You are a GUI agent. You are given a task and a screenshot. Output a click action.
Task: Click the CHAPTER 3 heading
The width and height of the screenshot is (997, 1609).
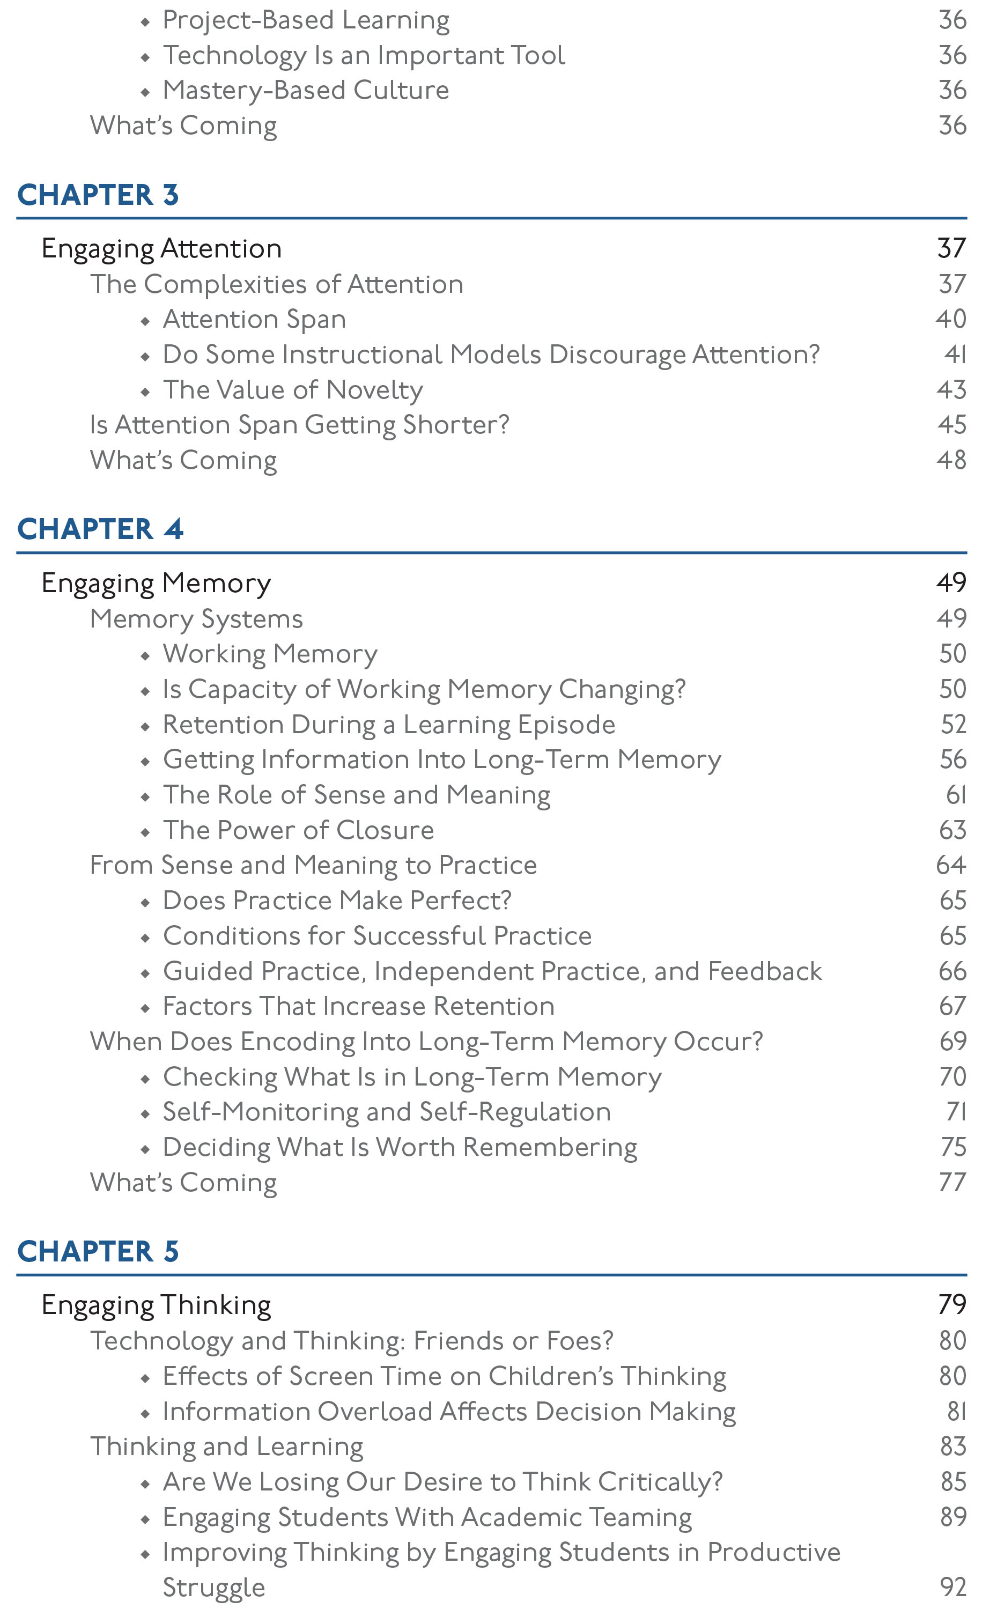coord(98,195)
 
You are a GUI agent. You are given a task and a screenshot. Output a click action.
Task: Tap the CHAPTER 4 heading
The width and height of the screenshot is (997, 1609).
coord(100,529)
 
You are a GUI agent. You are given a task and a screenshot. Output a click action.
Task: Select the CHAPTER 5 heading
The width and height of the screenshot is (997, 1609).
coord(98,1251)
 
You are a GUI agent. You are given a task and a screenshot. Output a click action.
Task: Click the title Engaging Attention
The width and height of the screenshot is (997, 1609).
coord(161,249)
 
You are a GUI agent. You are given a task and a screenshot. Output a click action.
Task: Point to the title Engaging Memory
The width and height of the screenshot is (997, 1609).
coord(156,583)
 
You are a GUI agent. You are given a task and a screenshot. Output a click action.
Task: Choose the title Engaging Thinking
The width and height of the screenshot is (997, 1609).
coord(156,1305)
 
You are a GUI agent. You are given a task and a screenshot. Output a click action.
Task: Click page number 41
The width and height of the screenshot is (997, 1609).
coord(954,355)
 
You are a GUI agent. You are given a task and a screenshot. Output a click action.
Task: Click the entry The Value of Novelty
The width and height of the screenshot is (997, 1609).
coord(293,390)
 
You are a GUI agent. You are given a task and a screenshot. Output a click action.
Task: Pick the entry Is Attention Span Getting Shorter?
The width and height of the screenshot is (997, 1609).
coord(299,425)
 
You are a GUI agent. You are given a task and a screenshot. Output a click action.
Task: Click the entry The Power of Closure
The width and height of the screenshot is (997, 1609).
coord(298,830)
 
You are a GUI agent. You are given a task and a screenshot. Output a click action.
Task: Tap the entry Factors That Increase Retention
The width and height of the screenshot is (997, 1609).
coord(358,1006)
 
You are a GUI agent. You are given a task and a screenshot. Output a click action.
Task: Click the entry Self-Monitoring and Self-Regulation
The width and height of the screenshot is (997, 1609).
coord(386,1112)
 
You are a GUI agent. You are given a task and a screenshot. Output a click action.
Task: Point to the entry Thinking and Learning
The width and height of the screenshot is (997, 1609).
coord(226,1446)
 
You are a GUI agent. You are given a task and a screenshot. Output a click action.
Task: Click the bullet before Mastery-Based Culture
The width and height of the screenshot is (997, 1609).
coord(145,92)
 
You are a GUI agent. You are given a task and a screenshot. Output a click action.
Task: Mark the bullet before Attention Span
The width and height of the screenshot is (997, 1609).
coord(145,321)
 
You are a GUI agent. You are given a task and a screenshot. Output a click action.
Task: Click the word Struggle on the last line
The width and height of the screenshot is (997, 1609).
coord(213,1586)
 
